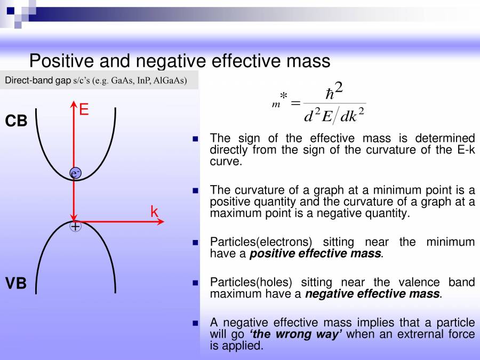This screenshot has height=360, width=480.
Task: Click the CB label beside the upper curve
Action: (16, 121)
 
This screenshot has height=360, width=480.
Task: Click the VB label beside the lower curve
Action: (16, 283)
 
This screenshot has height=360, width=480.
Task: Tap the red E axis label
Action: (84, 110)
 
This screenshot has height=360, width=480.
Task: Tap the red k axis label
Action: (154, 212)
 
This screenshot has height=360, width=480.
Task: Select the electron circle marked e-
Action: (76, 173)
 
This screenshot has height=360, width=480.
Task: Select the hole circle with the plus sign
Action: (76, 226)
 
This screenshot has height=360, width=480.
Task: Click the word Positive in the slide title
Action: (62, 61)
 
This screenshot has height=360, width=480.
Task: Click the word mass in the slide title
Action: (307, 61)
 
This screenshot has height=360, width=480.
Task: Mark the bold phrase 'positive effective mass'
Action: (316, 254)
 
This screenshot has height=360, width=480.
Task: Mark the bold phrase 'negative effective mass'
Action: (373, 294)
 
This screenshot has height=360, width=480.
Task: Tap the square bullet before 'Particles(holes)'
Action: (195, 283)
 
